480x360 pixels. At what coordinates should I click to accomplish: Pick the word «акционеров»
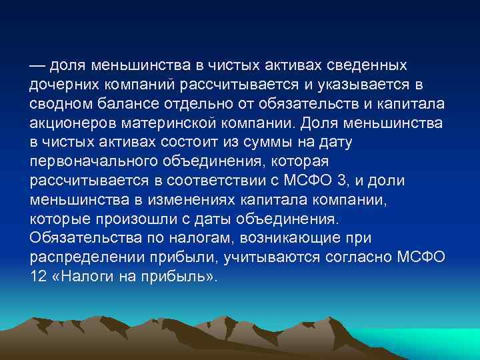(x=67, y=124)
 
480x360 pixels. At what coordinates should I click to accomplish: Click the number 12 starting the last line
(x=38, y=275)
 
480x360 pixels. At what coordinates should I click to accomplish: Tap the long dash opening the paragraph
(x=37, y=67)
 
